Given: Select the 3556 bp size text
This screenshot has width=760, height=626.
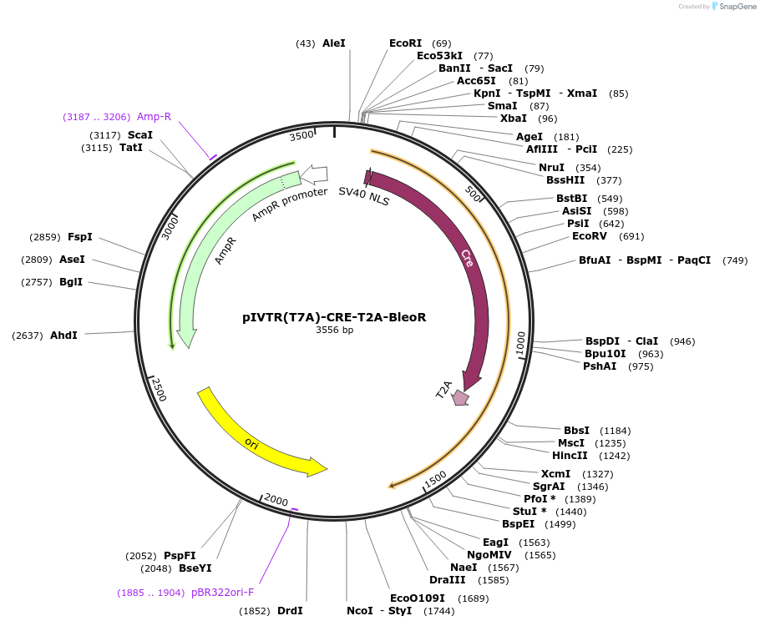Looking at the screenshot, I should point(334,331).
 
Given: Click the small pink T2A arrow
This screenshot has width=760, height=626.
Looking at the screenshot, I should point(460,398).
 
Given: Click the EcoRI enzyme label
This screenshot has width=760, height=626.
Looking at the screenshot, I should point(406,43).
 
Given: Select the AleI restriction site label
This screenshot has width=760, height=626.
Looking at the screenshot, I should point(333,43).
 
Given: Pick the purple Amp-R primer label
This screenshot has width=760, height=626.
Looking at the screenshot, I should point(155,117).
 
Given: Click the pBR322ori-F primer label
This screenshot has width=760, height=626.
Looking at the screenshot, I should point(222,593).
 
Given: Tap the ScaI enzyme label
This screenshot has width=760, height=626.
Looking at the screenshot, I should point(140,134).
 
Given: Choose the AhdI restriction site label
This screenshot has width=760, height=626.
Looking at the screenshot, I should point(63,336).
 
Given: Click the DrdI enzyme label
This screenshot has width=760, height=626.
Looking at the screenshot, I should point(290,611).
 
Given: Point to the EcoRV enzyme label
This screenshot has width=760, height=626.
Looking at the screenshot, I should point(590,236).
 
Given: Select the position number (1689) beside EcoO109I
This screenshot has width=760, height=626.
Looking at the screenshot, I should point(472,598).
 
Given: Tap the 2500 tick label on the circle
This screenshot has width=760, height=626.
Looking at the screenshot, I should point(158,389).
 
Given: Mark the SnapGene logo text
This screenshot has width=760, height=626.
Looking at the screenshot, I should point(735,6).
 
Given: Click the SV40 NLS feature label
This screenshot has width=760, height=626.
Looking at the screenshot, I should point(363,196).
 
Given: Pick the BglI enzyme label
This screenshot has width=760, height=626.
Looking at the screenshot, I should point(71,282).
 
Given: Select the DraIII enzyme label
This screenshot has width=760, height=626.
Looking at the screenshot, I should point(447,580).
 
